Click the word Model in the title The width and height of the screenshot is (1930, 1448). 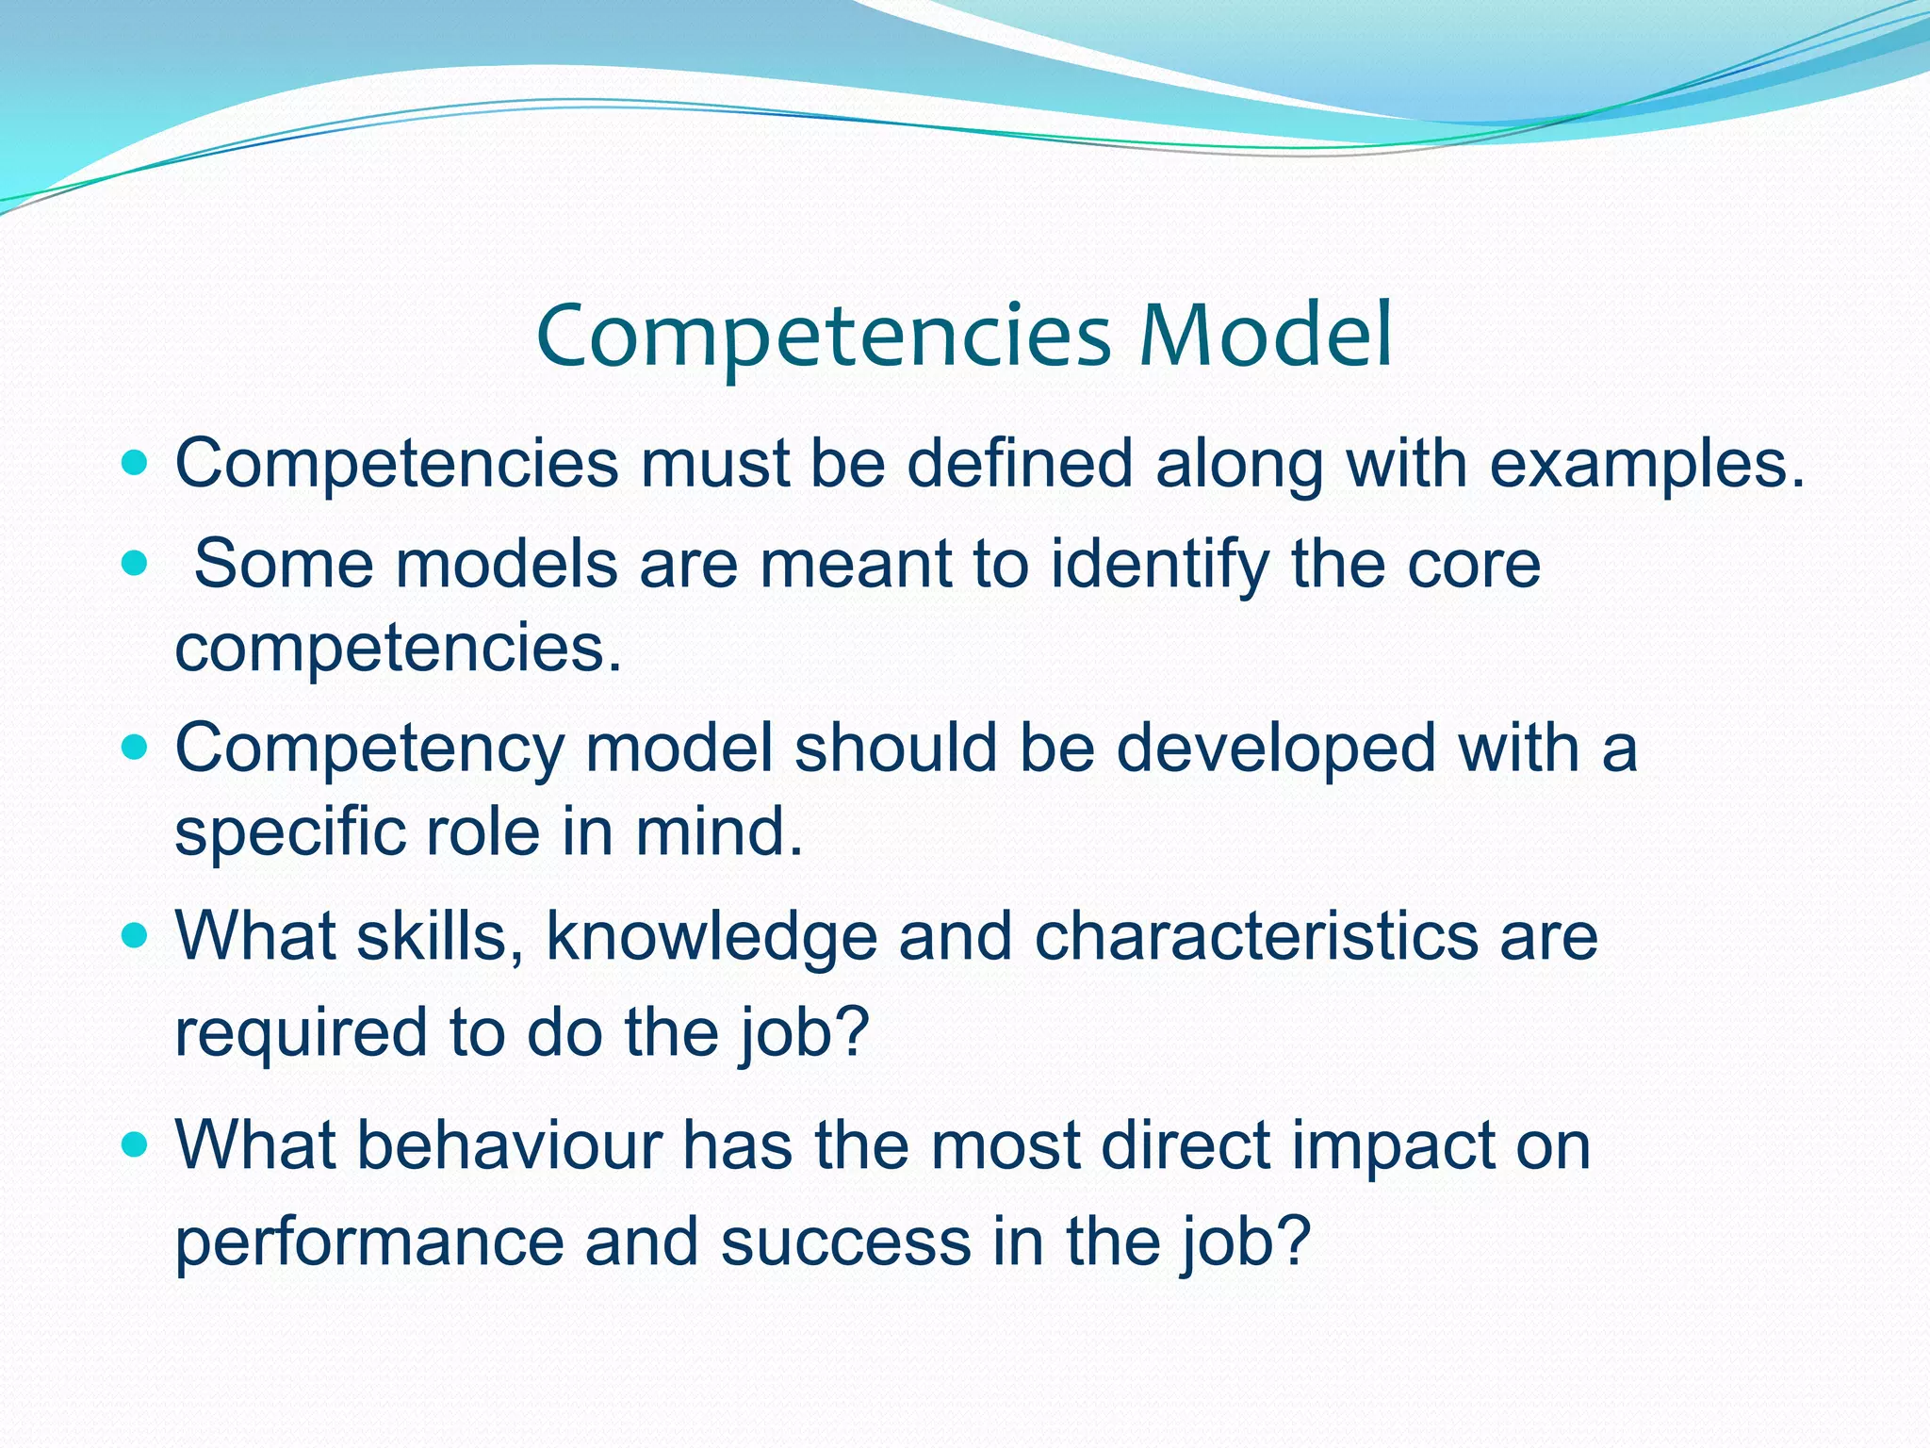1265,337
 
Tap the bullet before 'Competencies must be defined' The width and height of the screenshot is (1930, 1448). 136,464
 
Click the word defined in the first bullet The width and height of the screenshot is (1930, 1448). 1019,464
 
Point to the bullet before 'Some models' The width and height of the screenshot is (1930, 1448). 136,564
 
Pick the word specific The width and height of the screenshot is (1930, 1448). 289,833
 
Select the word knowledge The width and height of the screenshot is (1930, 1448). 711,939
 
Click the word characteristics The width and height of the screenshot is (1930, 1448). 1256,937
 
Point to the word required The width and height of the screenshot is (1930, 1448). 301,1033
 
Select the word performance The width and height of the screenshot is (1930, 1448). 368,1242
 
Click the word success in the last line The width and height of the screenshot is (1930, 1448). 845,1242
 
